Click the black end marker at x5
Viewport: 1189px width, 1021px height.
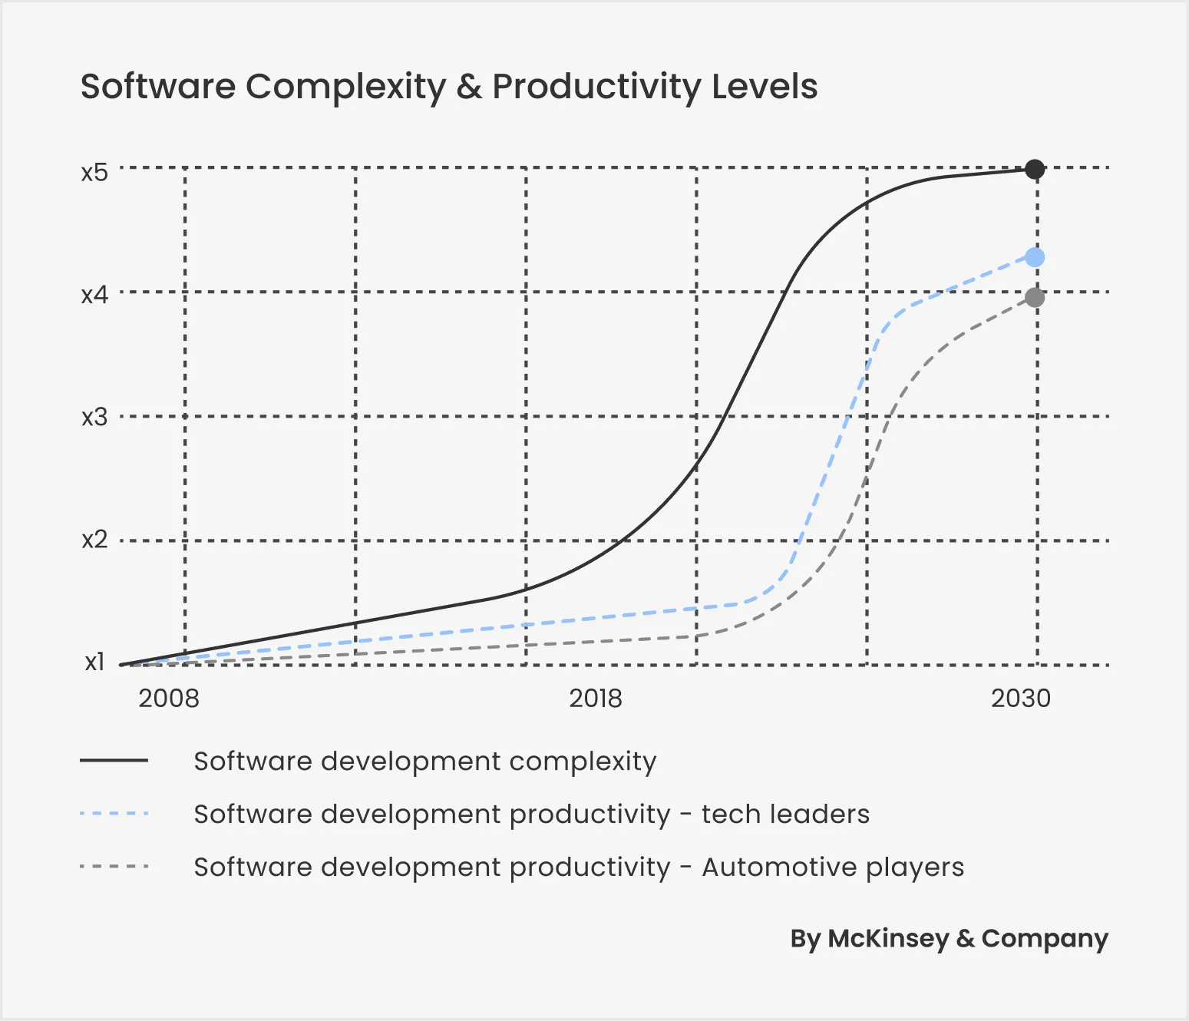click(x=1035, y=169)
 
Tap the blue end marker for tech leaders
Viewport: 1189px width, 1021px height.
click(x=1035, y=257)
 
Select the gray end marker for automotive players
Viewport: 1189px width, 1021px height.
click(x=1035, y=297)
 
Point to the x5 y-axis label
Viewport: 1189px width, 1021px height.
click(x=95, y=172)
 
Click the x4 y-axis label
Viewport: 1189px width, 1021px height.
click(x=95, y=295)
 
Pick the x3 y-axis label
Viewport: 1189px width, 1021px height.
click(x=95, y=418)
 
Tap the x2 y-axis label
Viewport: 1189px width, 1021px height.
click(x=95, y=540)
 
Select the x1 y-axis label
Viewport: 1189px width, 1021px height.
click(x=95, y=662)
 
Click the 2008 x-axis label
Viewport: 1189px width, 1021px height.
click(x=169, y=699)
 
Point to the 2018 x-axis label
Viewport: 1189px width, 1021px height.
click(x=596, y=699)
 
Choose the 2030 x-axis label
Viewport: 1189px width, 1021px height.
click(x=1020, y=699)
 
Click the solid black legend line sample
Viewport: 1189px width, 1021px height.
click(x=114, y=761)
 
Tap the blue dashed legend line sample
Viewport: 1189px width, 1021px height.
click(x=114, y=814)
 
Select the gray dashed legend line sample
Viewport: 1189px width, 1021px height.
click(x=114, y=867)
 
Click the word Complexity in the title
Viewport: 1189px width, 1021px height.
click(x=345, y=87)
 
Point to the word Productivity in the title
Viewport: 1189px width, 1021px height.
click(x=596, y=87)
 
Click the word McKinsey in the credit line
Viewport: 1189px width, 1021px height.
click(x=888, y=938)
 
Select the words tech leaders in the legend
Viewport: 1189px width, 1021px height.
click(x=785, y=814)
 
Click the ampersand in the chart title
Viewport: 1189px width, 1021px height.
click(x=469, y=87)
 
